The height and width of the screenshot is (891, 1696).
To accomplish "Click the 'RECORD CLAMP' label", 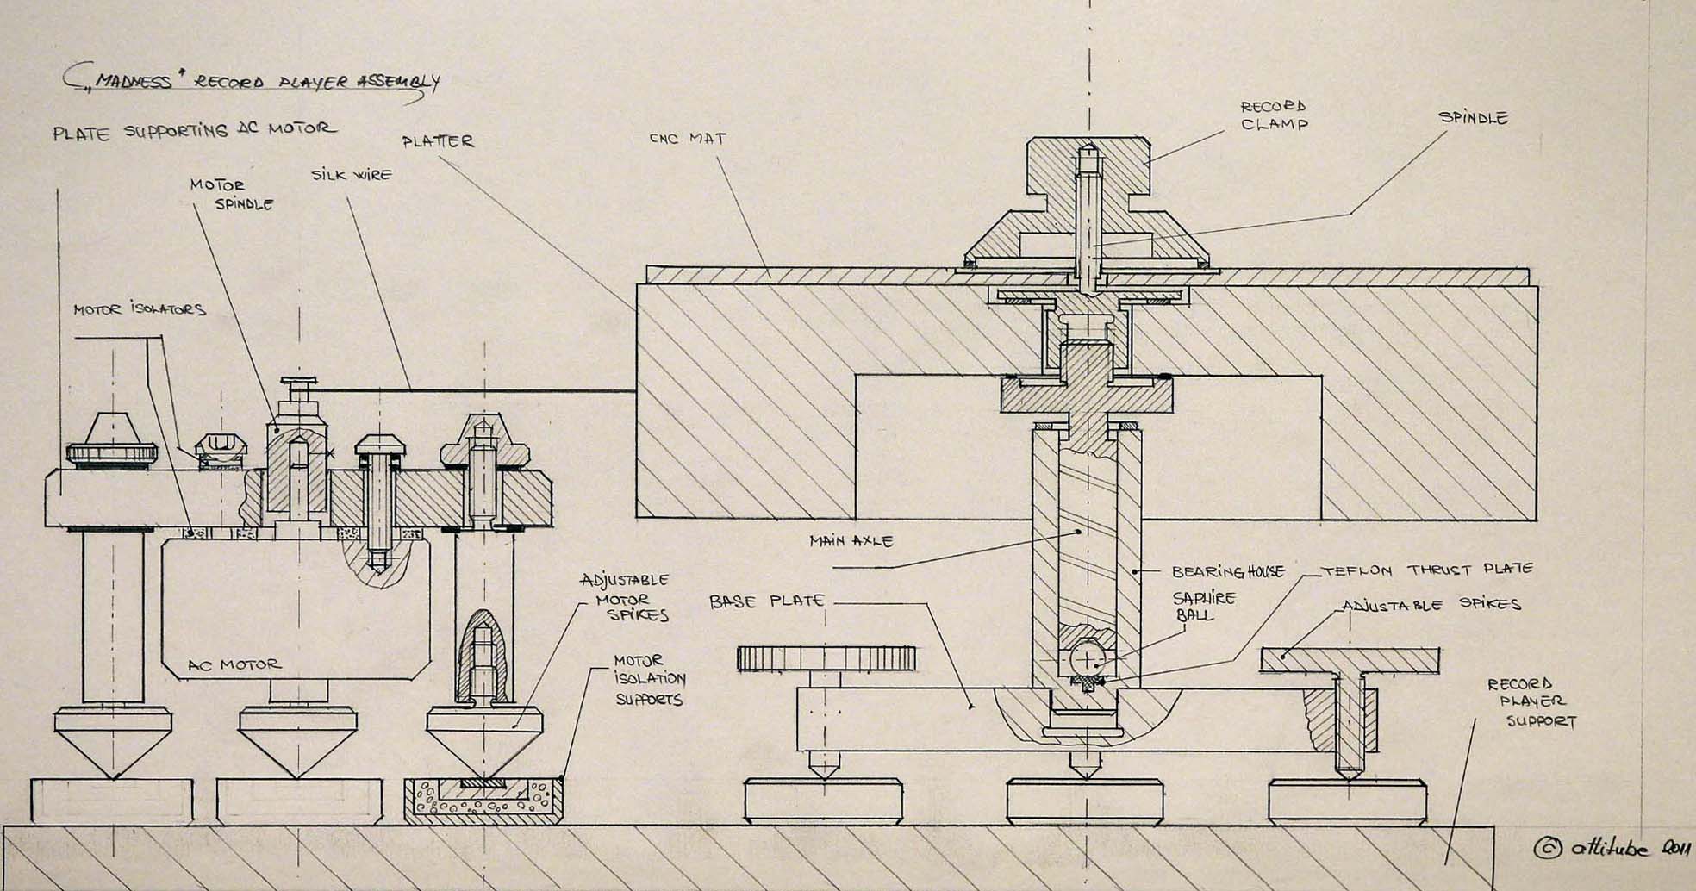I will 1274,115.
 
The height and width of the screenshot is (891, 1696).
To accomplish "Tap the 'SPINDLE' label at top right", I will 1473,118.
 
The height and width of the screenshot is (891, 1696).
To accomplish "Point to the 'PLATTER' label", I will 438,140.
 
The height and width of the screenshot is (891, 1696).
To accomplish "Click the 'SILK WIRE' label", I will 352,175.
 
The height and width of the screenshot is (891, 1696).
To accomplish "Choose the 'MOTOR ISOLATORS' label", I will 139,309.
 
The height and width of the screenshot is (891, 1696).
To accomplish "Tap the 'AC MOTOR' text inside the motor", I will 234,665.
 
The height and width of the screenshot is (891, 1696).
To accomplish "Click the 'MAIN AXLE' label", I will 851,541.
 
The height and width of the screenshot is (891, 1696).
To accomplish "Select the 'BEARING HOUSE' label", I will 1228,571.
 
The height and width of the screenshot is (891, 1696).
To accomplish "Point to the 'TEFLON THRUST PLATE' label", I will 1427,570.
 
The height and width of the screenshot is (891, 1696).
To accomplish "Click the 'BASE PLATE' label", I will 767,601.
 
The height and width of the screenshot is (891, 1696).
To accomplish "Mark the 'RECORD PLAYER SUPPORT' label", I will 1537,702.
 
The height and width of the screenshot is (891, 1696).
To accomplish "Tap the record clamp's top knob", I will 1088,164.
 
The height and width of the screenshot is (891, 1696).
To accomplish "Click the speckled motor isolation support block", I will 483,799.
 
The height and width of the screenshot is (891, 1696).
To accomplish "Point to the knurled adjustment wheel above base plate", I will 814,658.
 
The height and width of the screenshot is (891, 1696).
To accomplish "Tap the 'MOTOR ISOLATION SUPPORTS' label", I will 648,680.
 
